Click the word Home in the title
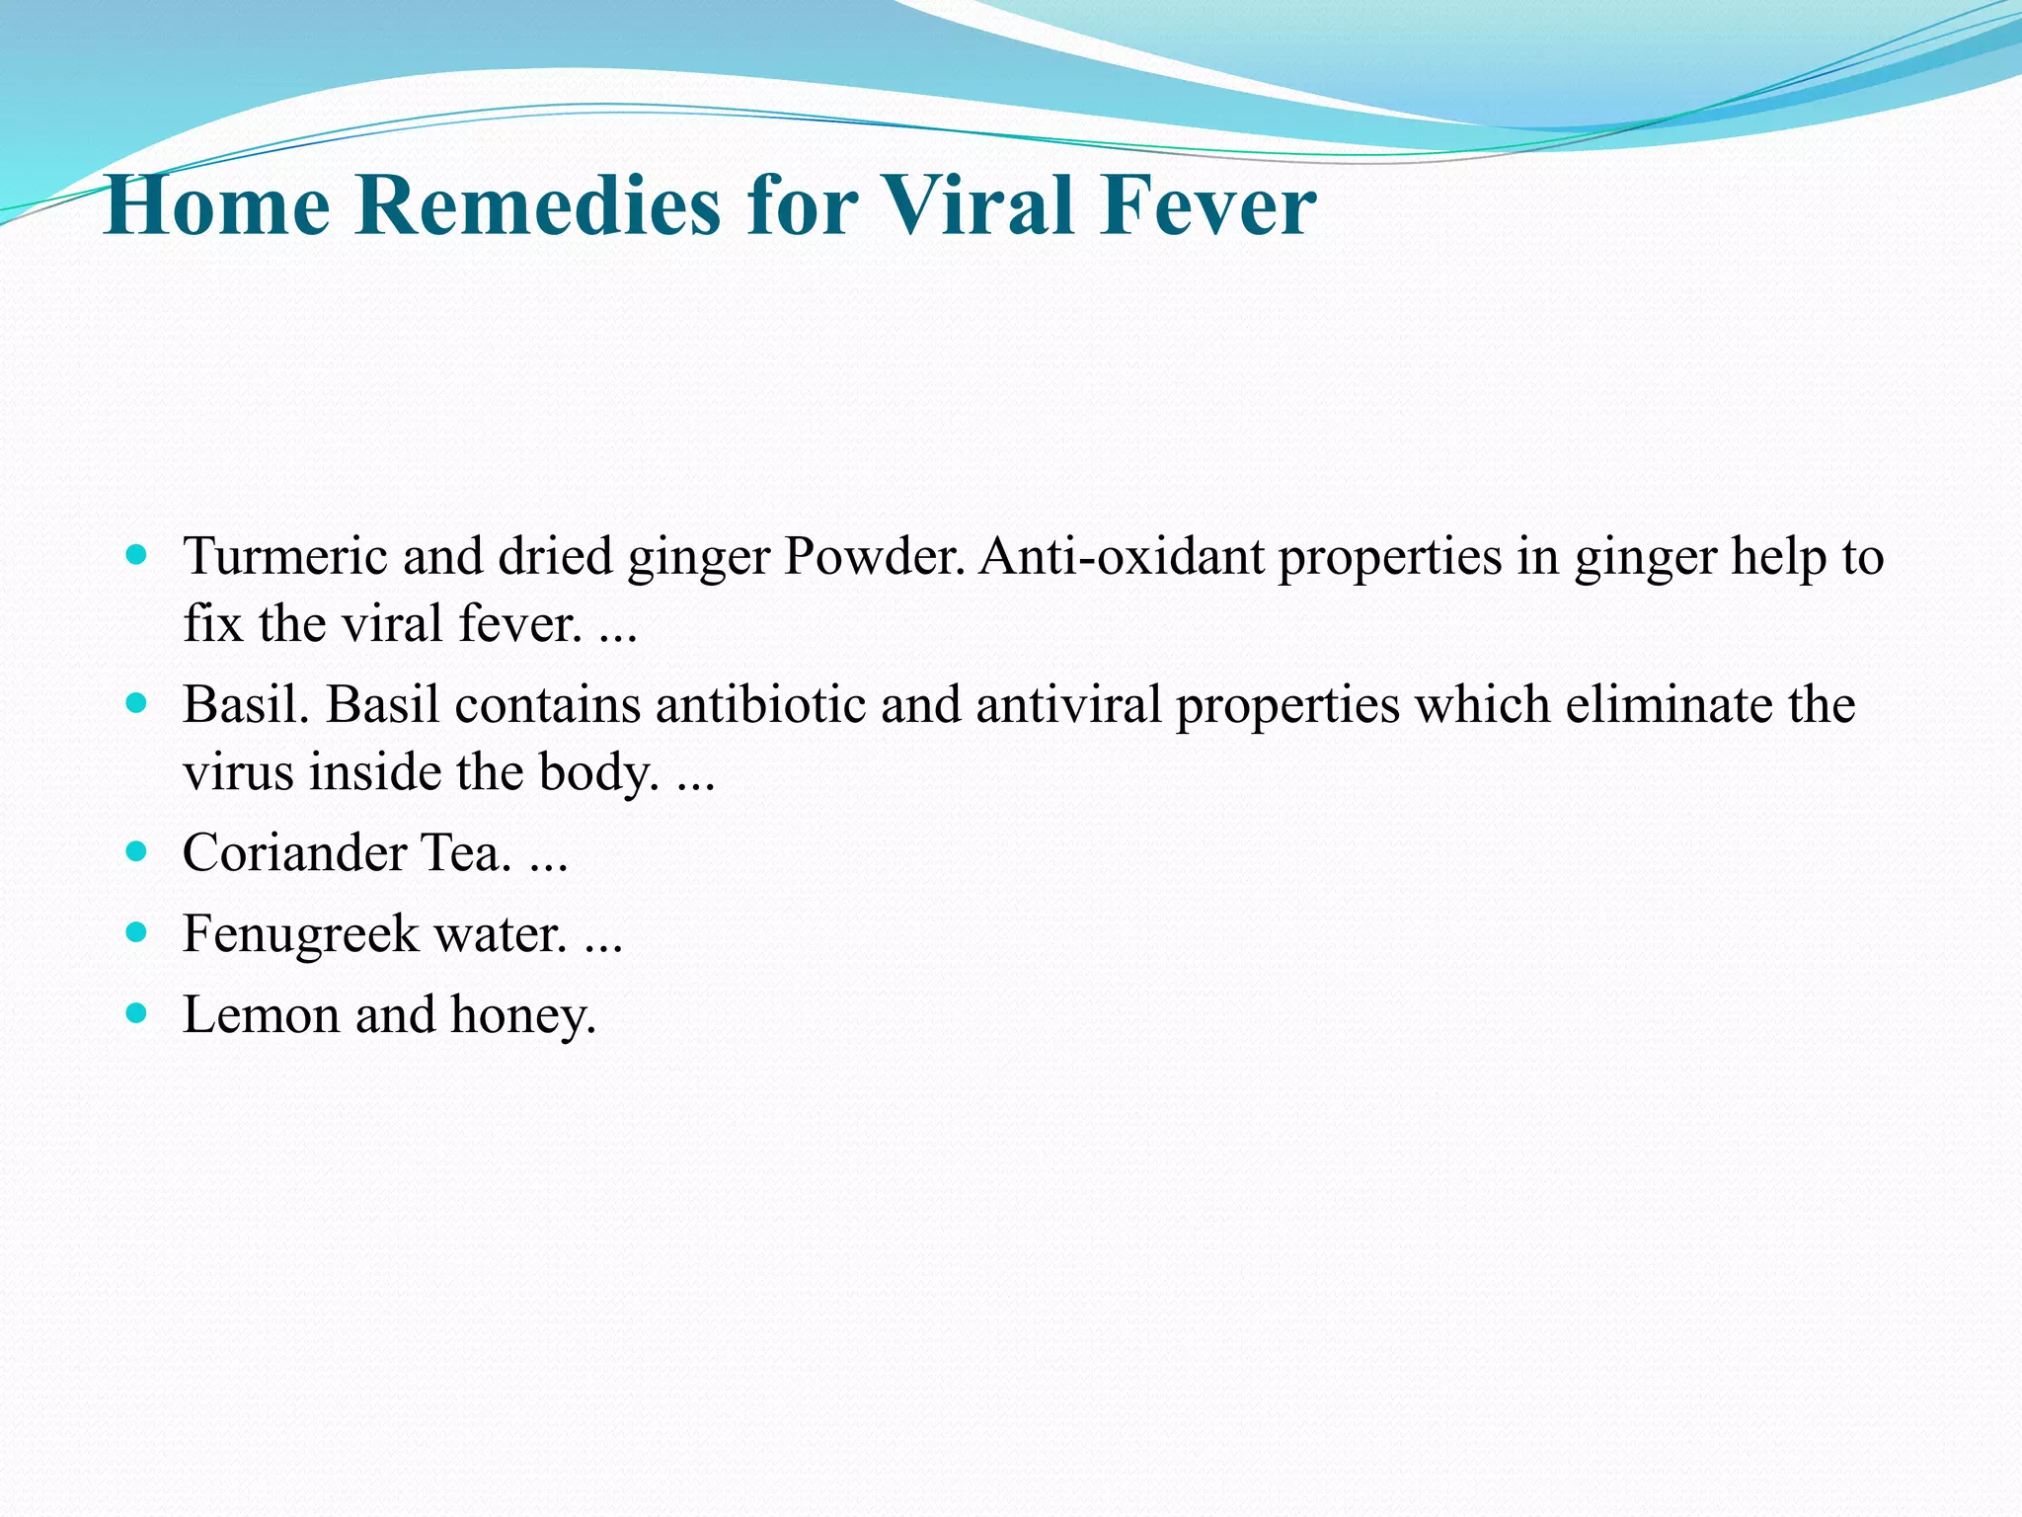pyautogui.click(x=216, y=205)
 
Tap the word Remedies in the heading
pyautogui.click(x=538, y=205)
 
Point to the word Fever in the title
pyautogui.click(x=1208, y=205)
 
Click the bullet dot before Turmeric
pyautogui.click(x=137, y=555)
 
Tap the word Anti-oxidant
pyautogui.click(x=1122, y=556)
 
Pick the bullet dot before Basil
pyautogui.click(x=137, y=703)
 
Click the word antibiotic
pyautogui.click(x=760, y=705)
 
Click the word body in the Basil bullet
pyautogui.click(x=596, y=773)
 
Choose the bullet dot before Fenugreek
pyautogui.click(x=137, y=931)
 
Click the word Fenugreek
pyautogui.click(x=300, y=934)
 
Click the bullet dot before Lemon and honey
pyautogui.click(x=137, y=1012)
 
